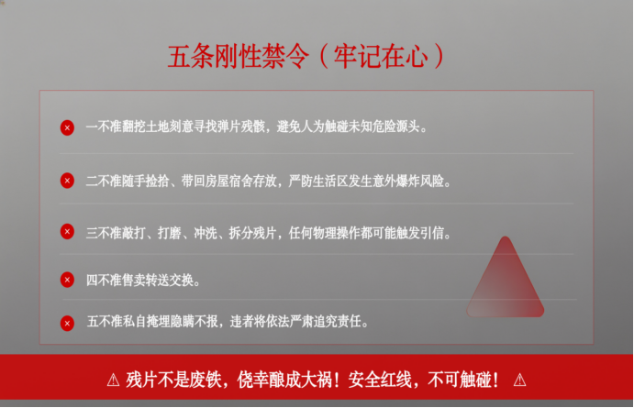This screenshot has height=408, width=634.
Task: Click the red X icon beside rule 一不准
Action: pos(67,127)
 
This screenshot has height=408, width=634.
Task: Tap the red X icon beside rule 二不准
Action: pos(67,181)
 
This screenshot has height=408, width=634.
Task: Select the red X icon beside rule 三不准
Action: pos(67,231)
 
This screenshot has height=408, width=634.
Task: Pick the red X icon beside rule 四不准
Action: pos(67,280)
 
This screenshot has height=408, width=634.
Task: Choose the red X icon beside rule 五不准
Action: pos(67,323)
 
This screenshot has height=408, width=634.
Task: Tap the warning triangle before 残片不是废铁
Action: pos(113,380)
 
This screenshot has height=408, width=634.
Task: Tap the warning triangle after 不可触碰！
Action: pos(519,380)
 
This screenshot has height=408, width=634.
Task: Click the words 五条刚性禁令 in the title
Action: pos(239,56)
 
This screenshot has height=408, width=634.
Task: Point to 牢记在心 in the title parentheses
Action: pos(381,56)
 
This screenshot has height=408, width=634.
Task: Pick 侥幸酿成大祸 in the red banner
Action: pos(284,380)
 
